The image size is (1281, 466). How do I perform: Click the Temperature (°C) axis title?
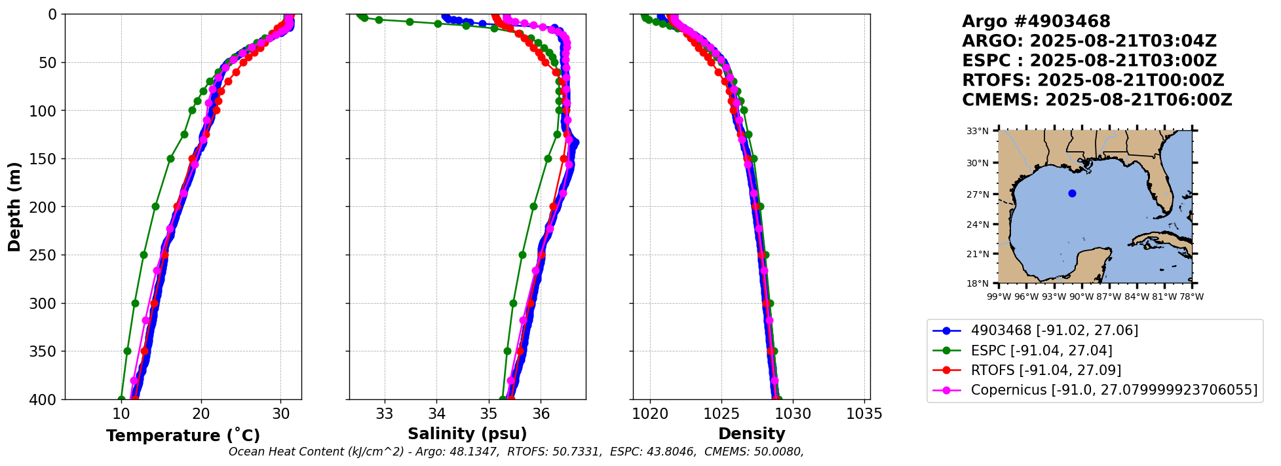(183, 436)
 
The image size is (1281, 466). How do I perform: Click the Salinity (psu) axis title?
(467, 434)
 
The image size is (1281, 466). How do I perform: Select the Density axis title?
(752, 434)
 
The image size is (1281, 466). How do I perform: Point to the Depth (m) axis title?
(14, 207)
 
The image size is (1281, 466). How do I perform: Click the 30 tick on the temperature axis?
(281, 414)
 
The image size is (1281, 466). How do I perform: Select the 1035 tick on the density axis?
(864, 414)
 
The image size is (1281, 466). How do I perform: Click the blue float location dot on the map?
(1072, 193)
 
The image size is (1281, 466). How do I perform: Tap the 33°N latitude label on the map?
(978, 132)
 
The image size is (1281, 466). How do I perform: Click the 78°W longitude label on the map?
(1191, 297)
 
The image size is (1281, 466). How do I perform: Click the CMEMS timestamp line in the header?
(1097, 100)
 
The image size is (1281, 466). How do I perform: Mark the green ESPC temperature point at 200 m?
(155, 206)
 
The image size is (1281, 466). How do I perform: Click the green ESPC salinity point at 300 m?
(513, 303)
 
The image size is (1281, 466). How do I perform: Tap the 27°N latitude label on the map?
(978, 194)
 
